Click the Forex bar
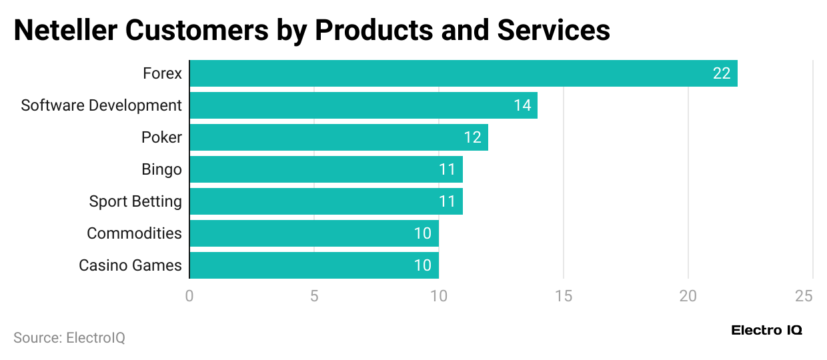(x=464, y=73)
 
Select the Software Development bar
(x=363, y=105)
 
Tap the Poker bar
(x=339, y=137)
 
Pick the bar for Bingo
(x=326, y=169)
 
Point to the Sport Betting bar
(x=326, y=201)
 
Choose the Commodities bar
(x=314, y=233)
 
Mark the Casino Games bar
(x=314, y=265)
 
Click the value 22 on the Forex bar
(x=722, y=73)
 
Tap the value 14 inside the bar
(x=522, y=105)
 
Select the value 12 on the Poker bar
(x=473, y=137)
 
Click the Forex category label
(x=162, y=73)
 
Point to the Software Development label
(x=101, y=105)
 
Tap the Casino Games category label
(x=130, y=265)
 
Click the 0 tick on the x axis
(x=189, y=295)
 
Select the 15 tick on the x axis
(x=564, y=295)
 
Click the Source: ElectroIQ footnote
(x=69, y=338)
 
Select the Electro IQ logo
(x=766, y=330)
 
